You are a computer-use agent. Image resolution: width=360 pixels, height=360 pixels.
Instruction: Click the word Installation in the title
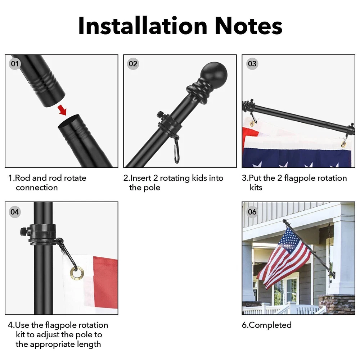pos(143,26)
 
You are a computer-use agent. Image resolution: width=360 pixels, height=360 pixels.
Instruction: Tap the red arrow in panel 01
pos(62,109)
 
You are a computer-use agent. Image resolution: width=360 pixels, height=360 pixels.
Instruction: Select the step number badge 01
pos(15,64)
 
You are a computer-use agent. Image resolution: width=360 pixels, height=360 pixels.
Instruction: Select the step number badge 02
pos(133,64)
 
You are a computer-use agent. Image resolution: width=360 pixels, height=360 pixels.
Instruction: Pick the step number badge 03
pos(252,64)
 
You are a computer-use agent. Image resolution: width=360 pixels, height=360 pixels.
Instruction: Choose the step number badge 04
pos(15,212)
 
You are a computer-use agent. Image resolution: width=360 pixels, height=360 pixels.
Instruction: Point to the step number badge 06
pos(252,212)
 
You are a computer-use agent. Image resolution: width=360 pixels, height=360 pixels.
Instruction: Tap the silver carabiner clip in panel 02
pos(176,150)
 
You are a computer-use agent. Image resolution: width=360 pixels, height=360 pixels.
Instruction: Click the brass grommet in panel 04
pos(77,273)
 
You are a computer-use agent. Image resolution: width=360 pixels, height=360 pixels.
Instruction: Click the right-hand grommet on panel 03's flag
pos(344,144)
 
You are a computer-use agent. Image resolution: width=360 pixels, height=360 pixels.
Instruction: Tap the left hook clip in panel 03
pos(253,120)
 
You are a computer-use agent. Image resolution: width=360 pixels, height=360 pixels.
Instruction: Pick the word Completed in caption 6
pos(270,325)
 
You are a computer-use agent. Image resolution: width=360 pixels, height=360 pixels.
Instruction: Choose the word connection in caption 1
pos(37,188)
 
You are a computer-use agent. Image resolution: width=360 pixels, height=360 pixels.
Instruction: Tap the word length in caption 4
pos(89,345)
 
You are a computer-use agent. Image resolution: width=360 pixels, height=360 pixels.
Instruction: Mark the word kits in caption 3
pos(256,188)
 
